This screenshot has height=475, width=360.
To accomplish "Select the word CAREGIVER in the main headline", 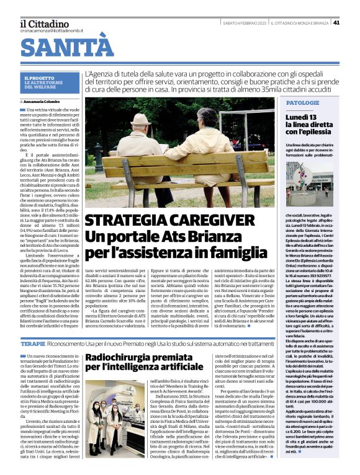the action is coord(205,221).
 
